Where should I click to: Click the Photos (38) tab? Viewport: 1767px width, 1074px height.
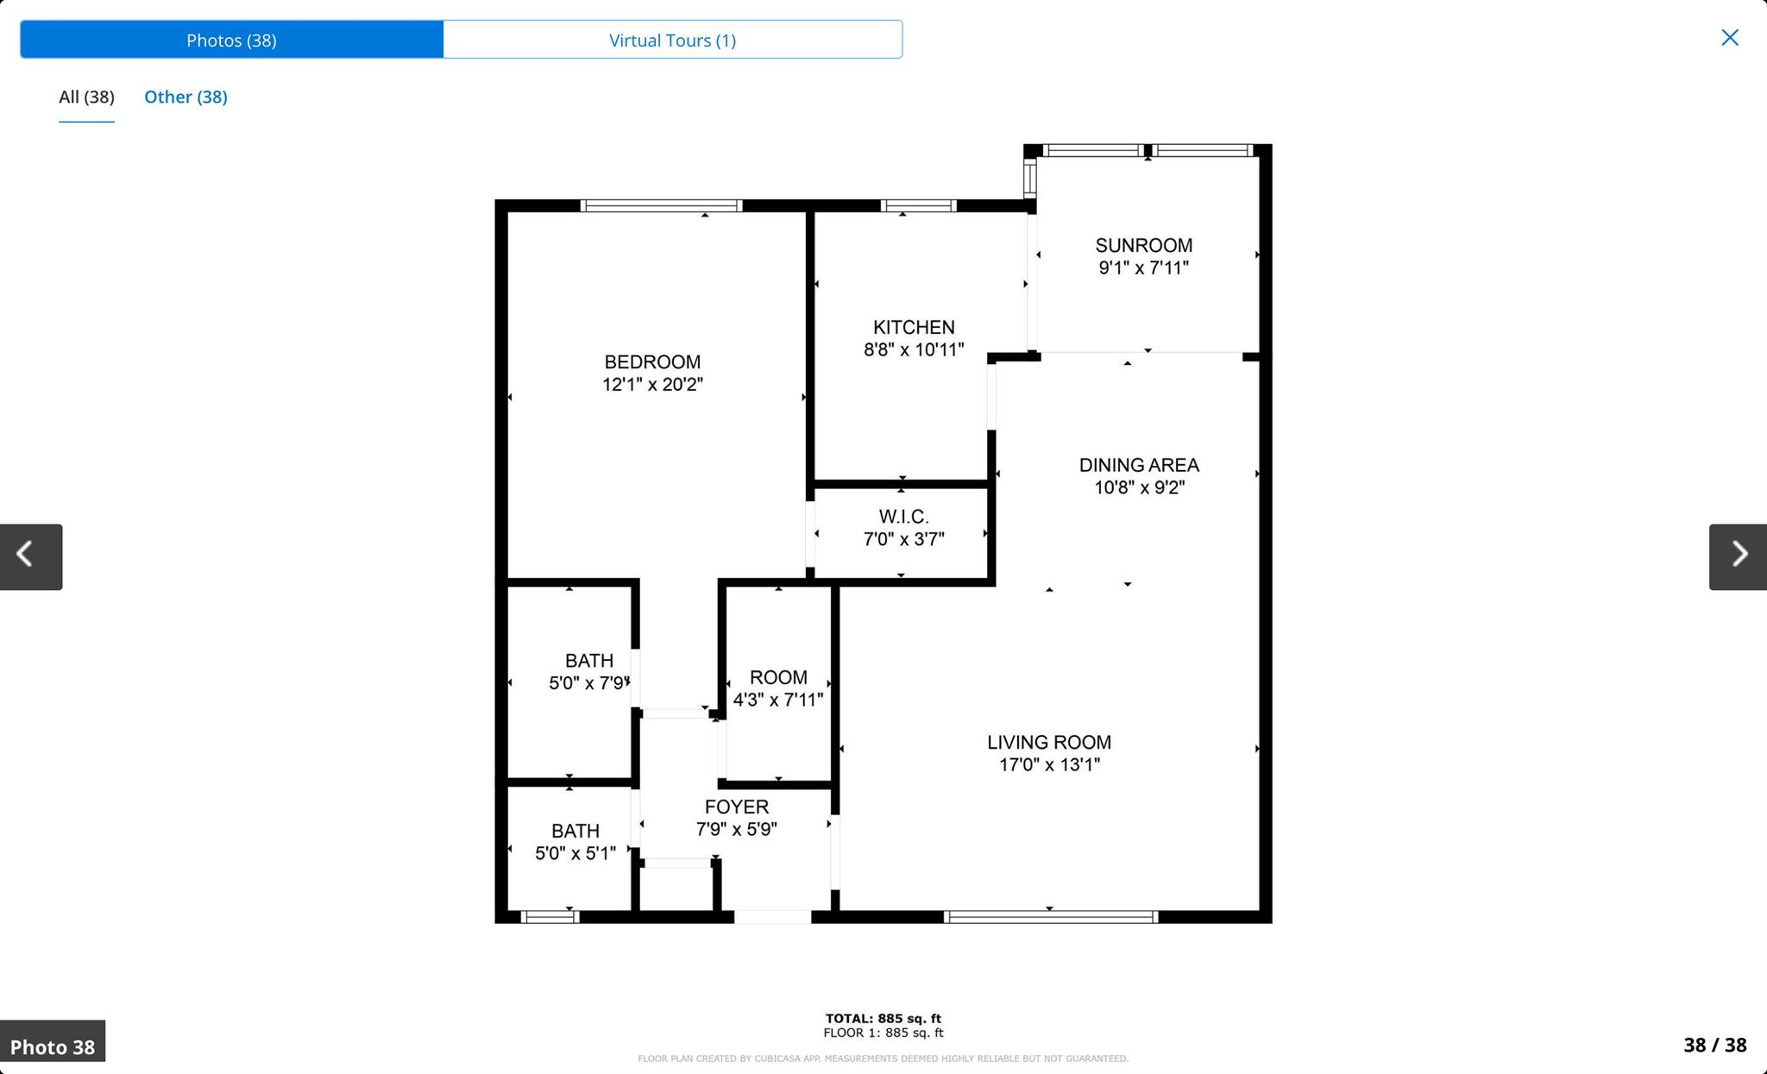[231, 40]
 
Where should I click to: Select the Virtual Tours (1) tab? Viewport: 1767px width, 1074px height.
[672, 40]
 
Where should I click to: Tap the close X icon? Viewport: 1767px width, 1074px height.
[1729, 37]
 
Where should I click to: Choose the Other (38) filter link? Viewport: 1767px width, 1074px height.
[186, 97]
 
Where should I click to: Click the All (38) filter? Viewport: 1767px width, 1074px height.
[86, 97]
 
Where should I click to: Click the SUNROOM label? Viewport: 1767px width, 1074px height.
[1143, 246]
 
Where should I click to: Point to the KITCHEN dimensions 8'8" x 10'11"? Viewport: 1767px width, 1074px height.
[914, 349]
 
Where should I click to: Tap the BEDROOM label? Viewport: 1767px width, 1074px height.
[652, 362]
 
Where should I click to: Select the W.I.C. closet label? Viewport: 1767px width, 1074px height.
[903, 517]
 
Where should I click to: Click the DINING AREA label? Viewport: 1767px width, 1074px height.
[1139, 465]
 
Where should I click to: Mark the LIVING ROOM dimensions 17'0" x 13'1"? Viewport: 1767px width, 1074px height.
[1049, 764]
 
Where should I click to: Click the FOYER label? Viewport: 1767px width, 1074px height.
[736, 807]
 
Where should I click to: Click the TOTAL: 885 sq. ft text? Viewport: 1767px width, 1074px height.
[883, 1018]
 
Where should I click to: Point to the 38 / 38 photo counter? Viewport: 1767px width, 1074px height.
[1714, 1045]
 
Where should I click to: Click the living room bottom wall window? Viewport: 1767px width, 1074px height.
[1050, 917]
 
